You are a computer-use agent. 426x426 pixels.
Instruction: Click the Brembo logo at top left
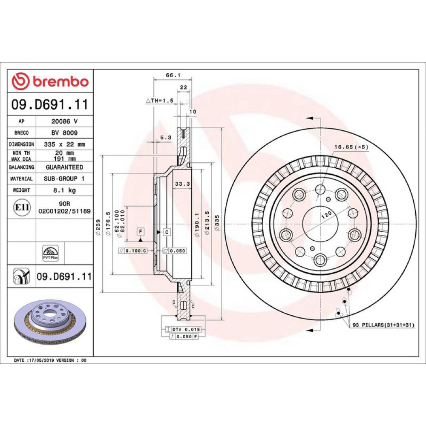point(50,81)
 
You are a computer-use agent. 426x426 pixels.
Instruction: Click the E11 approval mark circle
point(22,207)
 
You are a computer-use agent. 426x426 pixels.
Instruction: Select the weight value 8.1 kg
point(64,190)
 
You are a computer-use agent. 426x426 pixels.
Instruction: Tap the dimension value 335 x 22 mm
point(64,144)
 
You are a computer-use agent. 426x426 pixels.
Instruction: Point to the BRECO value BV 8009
point(64,133)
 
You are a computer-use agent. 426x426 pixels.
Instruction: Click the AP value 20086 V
point(64,121)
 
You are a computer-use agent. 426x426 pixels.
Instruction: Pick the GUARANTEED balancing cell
point(64,167)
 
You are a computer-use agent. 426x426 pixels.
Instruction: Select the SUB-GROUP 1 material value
point(64,179)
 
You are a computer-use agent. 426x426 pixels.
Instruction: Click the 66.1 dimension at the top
point(173,75)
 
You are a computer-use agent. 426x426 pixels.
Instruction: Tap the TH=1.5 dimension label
point(160,101)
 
